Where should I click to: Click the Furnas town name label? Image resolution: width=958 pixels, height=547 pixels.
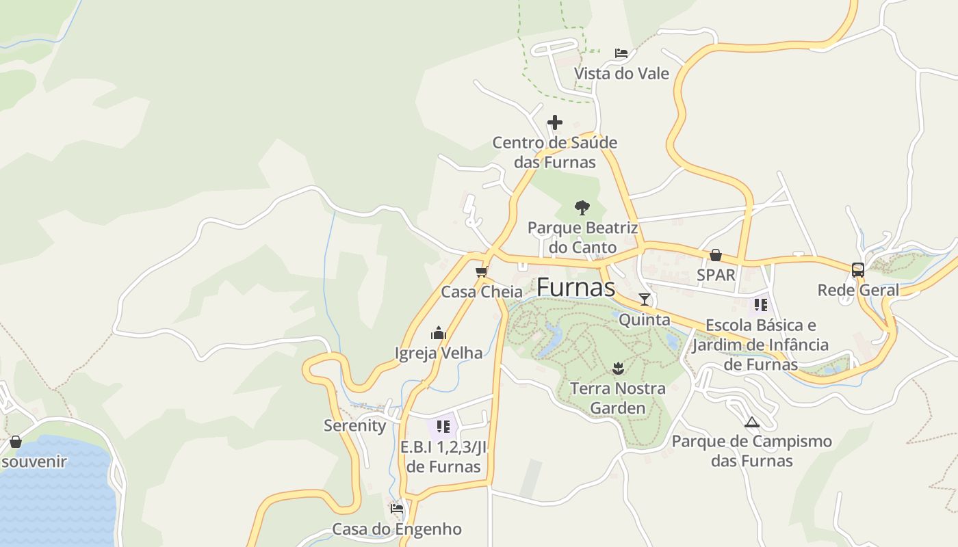click(x=575, y=288)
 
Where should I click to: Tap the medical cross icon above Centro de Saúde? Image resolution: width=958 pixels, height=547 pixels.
click(x=555, y=123)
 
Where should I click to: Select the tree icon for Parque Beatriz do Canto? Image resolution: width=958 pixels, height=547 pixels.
click(x=582, y=207)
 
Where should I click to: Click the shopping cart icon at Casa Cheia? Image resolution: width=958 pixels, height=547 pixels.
click(x=481, y=272)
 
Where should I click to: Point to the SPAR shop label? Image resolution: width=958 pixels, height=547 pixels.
click(x=716, y=275)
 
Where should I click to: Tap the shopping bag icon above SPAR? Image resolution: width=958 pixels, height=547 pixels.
click(x=716, y=255)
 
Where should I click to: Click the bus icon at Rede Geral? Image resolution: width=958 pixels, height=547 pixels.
click(x=858, y=270)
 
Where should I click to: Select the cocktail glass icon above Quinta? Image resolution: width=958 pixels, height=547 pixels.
click(x=645, y=299)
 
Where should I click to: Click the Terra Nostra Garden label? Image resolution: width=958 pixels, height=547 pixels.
click(x=618, y=398)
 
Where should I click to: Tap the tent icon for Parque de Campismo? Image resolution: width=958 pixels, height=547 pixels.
click(x=752, y=422)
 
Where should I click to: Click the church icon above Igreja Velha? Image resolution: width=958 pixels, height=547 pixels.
click(x=439, y=334)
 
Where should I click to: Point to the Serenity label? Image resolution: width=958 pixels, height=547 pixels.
click(x=354, y=425)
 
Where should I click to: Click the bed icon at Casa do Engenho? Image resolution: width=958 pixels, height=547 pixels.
click(x=397, y=509)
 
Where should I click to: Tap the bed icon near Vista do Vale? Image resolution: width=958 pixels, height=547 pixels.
click(x=621, y=53)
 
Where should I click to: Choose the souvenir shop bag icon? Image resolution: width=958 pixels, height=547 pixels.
click(x=15, y=442)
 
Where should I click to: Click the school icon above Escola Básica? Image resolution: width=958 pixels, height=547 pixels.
click(x=761, y=305)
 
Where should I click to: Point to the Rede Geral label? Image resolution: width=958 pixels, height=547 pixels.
click(x=858, y=290)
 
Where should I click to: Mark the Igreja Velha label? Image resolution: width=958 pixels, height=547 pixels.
click(x=439, y=353)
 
